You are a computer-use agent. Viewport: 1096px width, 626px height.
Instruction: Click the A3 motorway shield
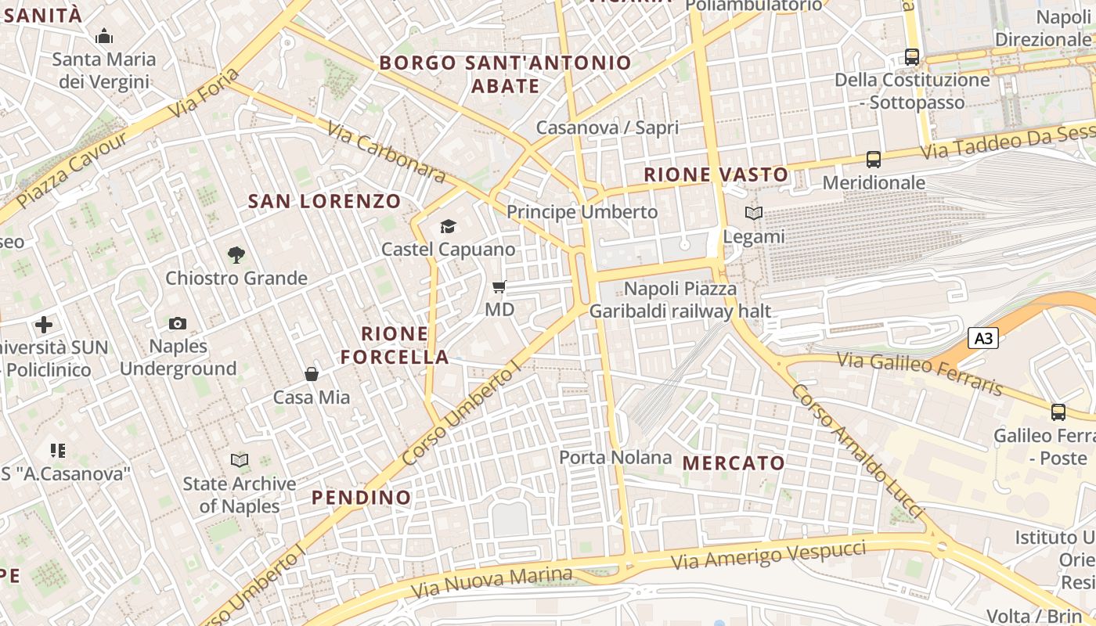984,338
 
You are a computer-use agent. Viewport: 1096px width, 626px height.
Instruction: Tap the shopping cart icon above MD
499,286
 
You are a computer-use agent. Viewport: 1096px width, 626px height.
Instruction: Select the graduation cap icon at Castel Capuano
448,226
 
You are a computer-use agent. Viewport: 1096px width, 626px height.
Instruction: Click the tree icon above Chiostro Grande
236,254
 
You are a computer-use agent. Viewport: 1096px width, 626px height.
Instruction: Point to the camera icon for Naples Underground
178,323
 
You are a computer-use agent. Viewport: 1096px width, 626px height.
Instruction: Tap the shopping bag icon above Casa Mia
312,374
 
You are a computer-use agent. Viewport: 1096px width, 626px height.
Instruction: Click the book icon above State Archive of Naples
240,460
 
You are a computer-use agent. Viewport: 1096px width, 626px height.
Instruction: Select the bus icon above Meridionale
874,160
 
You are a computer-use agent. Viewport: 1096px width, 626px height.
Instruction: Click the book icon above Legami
754,213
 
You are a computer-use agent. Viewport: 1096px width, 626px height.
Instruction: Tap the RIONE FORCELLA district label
395,345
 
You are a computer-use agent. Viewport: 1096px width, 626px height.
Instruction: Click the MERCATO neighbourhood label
734,462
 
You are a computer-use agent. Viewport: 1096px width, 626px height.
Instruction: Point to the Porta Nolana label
615,457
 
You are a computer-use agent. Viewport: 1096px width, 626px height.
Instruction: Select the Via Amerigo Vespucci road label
769,555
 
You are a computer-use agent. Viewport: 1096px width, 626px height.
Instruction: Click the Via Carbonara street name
386,153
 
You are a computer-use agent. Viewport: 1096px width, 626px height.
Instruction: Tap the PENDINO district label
361,497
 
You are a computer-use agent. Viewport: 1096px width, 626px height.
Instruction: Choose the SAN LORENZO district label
324,201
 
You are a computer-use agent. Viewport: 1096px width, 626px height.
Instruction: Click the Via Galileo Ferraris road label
920,373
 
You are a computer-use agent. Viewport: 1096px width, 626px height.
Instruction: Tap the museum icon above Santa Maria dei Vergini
104,36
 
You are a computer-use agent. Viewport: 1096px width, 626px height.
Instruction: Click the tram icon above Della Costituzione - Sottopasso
912,56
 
